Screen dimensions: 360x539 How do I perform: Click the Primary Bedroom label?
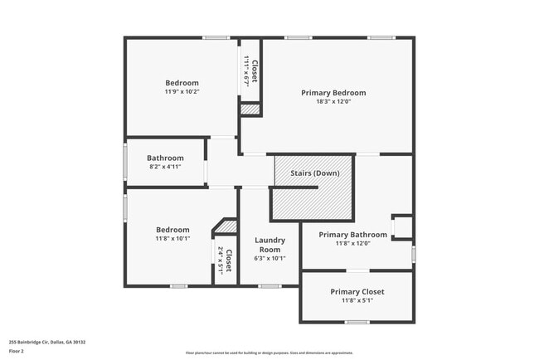333,93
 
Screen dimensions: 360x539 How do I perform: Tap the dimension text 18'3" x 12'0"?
333,102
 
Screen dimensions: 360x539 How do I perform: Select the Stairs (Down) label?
314,173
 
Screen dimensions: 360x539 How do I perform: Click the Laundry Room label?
271,245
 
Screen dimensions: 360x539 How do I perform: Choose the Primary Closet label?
357,292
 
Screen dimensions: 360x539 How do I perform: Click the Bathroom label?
165,158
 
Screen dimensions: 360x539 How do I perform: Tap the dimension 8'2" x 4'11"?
165,167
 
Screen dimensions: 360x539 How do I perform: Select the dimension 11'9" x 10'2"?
182,91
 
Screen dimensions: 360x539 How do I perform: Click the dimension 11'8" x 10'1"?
172,239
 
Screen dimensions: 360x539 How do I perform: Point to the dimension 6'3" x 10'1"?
271,258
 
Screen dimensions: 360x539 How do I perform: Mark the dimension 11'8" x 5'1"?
357,302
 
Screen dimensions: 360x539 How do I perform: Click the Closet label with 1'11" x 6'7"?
255,72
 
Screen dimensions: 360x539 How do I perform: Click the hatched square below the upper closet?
250,109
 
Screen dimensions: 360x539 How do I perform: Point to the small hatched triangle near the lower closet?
228,226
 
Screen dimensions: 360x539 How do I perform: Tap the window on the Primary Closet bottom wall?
357,322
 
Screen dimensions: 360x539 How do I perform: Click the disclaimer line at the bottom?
269,352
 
